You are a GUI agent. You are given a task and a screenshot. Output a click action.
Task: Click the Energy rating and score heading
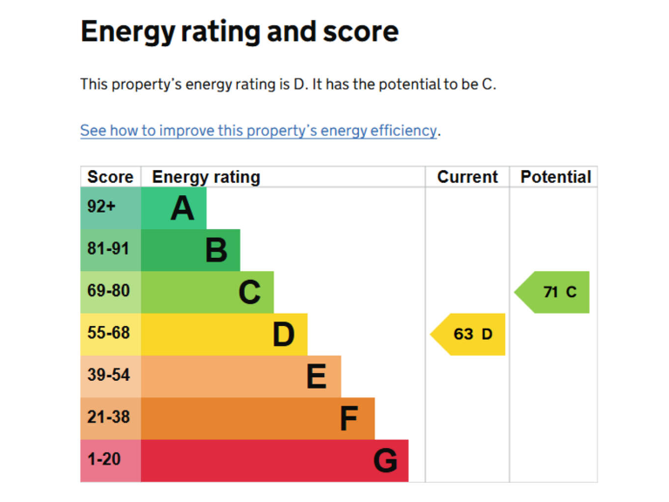(x=240, y=32)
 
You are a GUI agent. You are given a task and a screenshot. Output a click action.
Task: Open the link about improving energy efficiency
(x=259, y=131)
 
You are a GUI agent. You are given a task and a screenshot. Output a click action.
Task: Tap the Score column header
(x=111, y=177)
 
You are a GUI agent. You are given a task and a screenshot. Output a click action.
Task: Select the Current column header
(x=468, y=177)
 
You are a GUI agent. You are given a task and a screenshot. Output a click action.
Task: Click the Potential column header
(x=555, y=177)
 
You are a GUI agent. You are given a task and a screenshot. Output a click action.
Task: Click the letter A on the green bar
(x=182, y=208)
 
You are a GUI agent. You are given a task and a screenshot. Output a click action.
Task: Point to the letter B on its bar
(x=216, y=250)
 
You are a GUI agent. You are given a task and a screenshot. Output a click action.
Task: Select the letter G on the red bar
(x=385, y=460)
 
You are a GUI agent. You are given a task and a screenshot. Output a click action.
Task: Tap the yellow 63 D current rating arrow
(x=470, y=334)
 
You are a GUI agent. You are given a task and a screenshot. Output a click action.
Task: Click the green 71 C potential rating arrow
(x=554, y=292)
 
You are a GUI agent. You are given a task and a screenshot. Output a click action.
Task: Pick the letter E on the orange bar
(x=317, y=376)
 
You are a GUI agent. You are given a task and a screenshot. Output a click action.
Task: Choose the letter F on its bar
(x=349, y=418)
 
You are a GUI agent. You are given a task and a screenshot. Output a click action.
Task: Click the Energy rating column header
(x=206, y=177)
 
